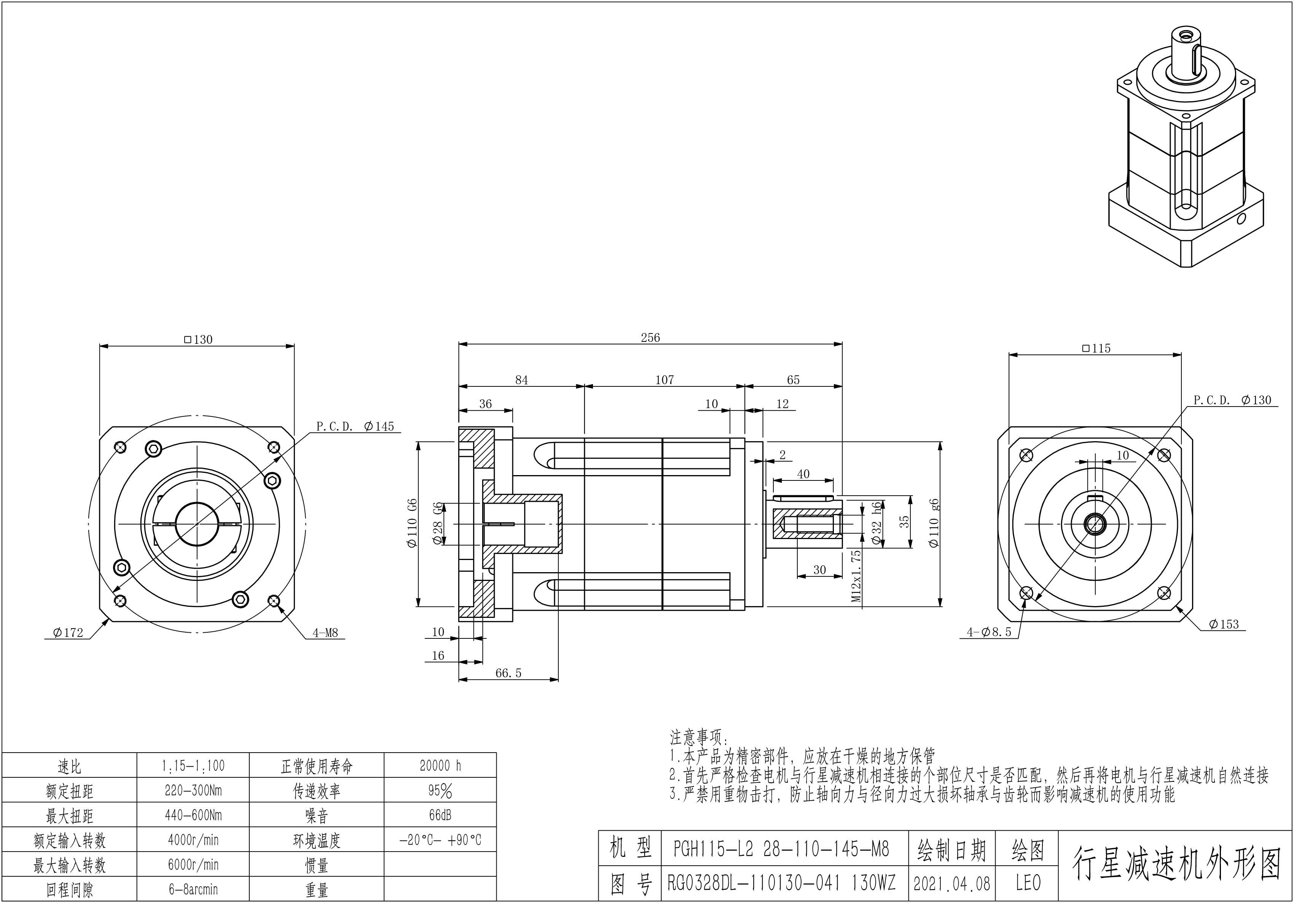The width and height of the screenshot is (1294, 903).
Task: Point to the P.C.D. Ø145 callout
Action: point(355,426)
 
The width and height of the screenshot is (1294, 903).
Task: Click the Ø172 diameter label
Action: point(68,633)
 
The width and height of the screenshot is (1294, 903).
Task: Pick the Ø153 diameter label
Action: point(1224,624)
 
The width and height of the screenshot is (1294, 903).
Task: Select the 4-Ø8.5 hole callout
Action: point(989,632)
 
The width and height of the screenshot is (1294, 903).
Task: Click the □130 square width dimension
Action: point(198,339)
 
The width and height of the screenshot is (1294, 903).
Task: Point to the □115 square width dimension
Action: point(1096,348)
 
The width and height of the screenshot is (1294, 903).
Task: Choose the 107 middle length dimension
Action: point(665,380)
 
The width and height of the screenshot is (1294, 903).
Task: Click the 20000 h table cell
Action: point(440,766)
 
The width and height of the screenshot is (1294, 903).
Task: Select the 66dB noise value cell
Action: point(440,815)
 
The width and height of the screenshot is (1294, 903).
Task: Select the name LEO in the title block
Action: point(1028,883)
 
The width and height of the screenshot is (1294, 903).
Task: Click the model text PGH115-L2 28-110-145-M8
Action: point(781,849)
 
